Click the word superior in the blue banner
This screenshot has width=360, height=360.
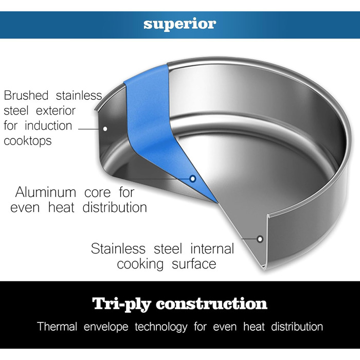click(180, 24)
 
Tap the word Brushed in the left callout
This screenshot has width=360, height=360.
click(26, 95)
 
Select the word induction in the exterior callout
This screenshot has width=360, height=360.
click(48, 125)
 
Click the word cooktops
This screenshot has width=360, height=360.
click(28, 141)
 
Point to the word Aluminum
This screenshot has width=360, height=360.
click(45, 192)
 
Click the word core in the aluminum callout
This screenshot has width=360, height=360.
click(98, 193)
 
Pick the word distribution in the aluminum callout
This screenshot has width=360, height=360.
click(115, 207)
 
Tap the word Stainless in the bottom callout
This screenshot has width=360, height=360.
click(118, 248)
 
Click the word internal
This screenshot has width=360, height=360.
click(212, 248)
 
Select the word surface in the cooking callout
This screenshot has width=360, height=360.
click(194, 264)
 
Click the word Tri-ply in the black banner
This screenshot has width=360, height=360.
click(122, 304)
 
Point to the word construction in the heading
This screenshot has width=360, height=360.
click(212, 304)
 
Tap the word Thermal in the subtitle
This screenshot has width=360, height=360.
click(57, 327)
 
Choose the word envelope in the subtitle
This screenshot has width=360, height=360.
click(106, 327)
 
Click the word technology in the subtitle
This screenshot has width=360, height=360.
click(161, 327)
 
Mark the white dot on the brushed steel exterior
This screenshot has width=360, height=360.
click(105, 129)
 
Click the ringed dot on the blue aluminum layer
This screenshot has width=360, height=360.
click(193, 178)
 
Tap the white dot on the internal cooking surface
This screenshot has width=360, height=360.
click(260, 239)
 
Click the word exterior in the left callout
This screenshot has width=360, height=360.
click(56, 111)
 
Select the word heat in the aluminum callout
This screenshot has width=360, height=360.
click(61, 207)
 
